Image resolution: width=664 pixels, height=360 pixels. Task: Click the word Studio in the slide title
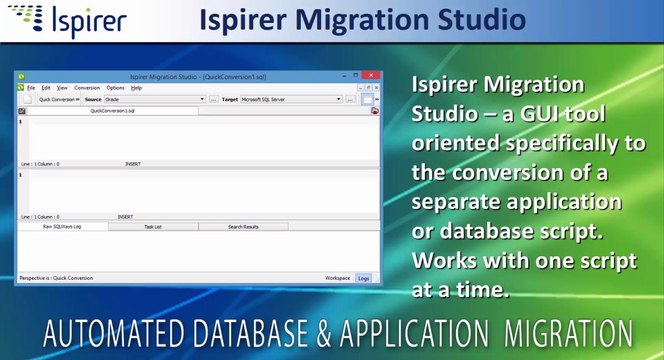(479, 19)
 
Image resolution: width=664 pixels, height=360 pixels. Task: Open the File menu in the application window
(31, 88)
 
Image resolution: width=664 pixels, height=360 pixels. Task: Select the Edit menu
(46, 88)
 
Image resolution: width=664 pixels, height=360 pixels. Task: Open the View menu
(62, 88)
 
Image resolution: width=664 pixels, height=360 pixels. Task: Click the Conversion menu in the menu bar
(87, 88)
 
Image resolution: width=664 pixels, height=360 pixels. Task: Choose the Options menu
(115, 88)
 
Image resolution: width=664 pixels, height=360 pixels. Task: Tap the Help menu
(136, 88)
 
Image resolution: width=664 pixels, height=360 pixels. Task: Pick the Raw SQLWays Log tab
(62, 227)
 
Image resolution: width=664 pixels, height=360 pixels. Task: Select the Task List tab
(152, 227)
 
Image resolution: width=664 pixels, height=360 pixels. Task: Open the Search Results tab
(243, 227)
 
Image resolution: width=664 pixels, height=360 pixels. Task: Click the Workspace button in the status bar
(337, 277)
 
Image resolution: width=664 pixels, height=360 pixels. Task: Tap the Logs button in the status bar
(364, 277)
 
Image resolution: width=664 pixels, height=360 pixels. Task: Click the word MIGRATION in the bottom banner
(569, 331)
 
